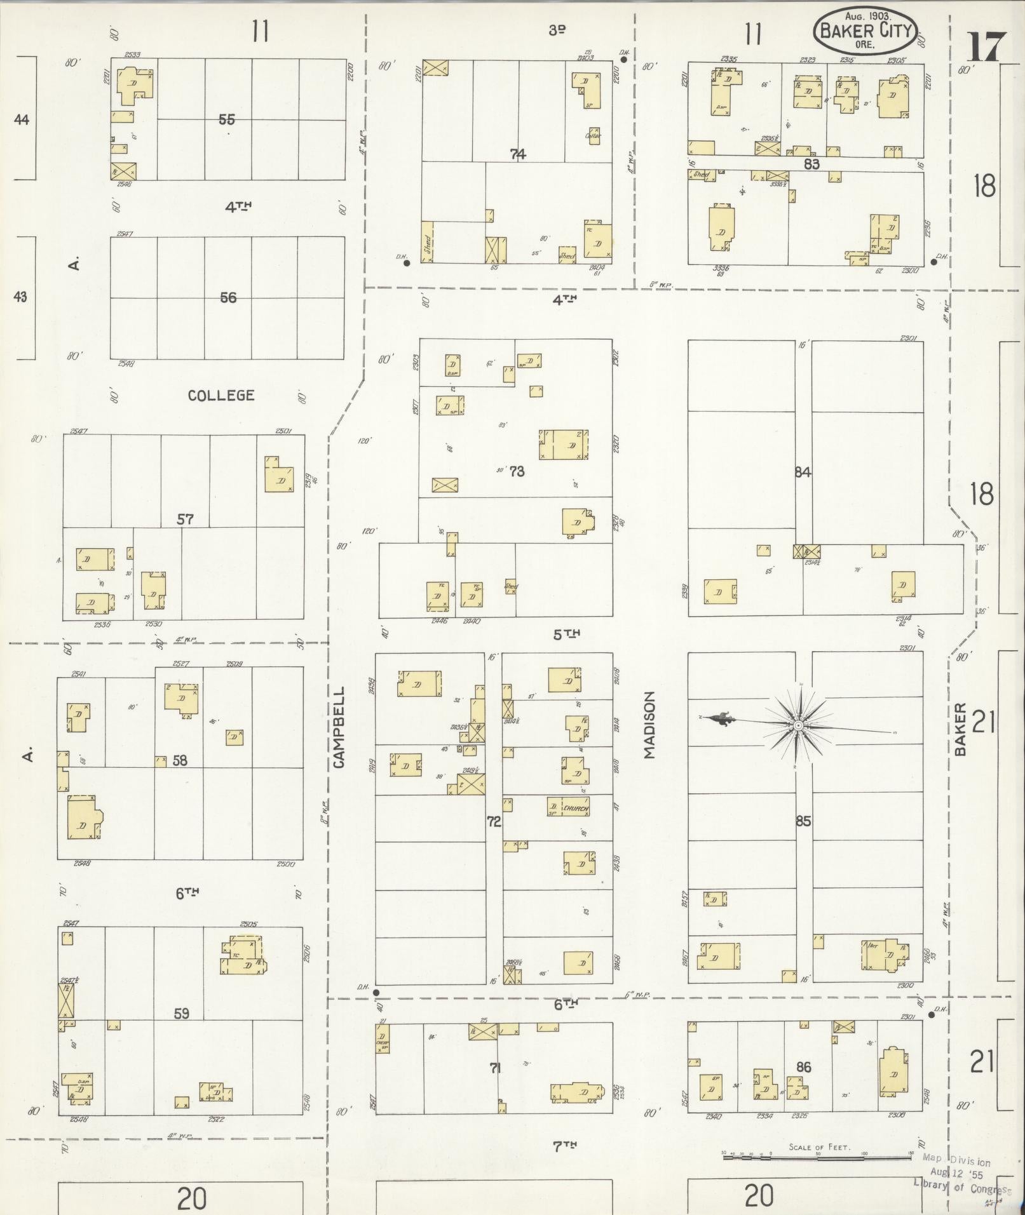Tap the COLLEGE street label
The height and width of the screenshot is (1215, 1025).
pos(221,396)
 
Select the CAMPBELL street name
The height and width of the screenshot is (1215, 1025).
pos(338,727)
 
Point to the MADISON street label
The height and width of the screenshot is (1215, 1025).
pos(649,725)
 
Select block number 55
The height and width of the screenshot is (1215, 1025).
pos(226,119)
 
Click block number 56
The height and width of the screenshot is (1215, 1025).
pos(227,297)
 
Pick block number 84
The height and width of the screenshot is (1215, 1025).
pos(803,472)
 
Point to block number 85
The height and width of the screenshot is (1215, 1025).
pos(803,821)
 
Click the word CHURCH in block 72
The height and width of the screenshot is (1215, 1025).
pos(576,809)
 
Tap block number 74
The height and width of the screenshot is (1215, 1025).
pos(518,154)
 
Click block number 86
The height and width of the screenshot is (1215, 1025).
pos(803,1067)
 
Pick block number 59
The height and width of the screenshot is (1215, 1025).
pos(182,1014)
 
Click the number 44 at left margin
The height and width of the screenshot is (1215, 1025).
pos(22,119)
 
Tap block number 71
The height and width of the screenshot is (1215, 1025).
pos(495,1068)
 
